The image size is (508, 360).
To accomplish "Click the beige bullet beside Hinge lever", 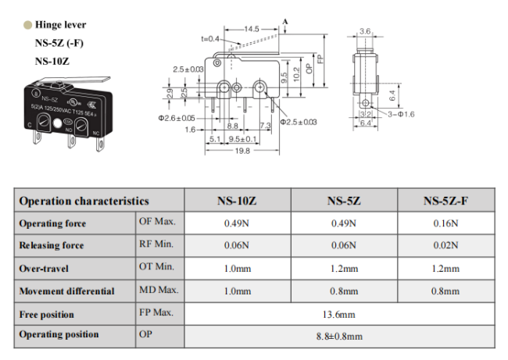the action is click(28, 25).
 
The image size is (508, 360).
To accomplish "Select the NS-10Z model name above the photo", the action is click(52, 61).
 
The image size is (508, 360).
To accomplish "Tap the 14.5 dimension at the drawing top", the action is click(252, 29).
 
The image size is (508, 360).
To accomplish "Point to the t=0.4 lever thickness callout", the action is click(210, 39).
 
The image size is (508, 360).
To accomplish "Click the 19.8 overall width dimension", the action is click(242, 151).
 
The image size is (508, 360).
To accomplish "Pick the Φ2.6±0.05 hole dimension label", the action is click(177, 118).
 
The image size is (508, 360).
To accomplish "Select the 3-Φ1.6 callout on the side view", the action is click(401, 114).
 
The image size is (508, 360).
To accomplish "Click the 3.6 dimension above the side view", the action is click(365, 31).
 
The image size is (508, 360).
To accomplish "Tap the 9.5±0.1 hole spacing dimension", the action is click(242, 139).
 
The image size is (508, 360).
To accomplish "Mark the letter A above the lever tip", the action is click(285, 22).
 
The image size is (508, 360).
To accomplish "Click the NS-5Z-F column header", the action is click(445, 201).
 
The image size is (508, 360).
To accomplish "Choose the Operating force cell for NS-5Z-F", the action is click(445, 223).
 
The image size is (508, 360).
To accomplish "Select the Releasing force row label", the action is click(52, 245).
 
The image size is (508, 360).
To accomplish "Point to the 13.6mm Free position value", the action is click(339, 315).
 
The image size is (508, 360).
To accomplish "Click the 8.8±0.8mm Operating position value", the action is click(339, 337).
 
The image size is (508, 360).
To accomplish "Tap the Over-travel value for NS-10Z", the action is click(238, 269).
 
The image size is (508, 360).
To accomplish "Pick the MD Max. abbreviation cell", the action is click(159, 290).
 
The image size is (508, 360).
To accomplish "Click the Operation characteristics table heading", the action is click(84, 201).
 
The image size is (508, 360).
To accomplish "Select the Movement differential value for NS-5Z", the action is click(344, 291).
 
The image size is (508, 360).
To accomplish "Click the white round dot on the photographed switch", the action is click(57, 123).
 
